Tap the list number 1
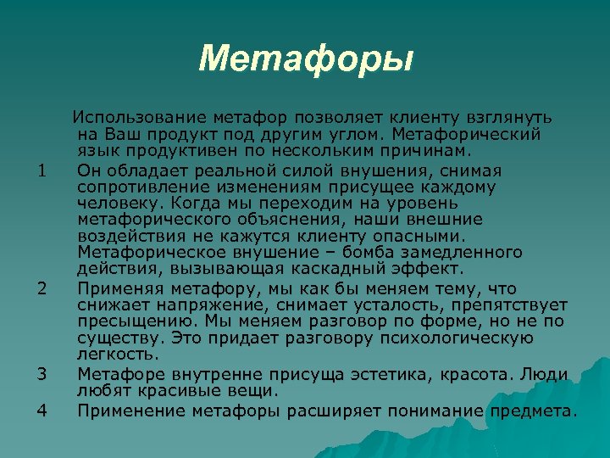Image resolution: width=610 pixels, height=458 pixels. [42, 172]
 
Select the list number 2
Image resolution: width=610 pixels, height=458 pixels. [42, 289]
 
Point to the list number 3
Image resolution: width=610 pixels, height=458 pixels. [42, 372]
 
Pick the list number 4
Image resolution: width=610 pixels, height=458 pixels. [42, 411]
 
